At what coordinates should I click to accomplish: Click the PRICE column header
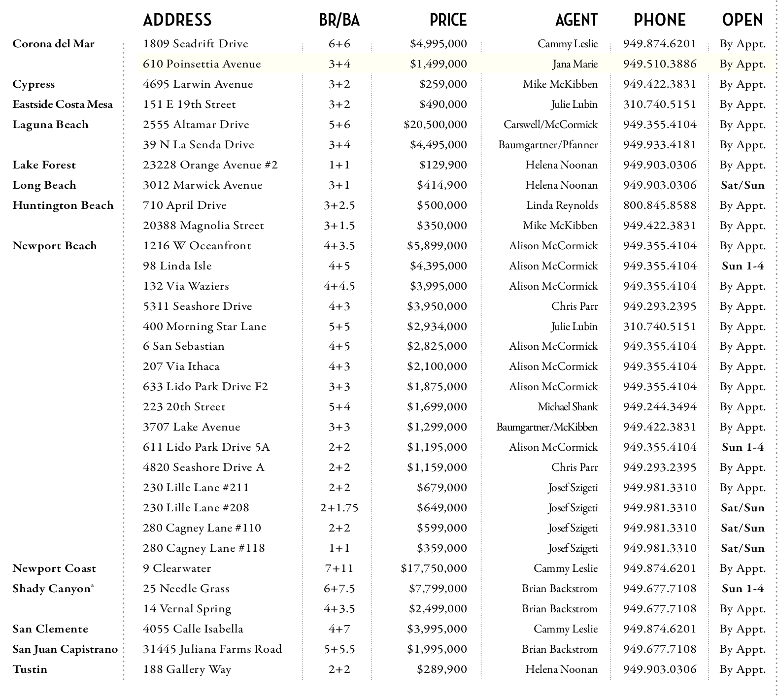point(448,20)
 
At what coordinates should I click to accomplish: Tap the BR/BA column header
point(339,20)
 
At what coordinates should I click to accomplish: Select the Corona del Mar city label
point(53,44)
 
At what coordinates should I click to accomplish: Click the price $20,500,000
point(435,125)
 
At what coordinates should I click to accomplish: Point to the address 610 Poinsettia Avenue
point(202,64)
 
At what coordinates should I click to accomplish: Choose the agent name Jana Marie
point(575,64)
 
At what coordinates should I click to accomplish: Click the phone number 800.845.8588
point(660,205)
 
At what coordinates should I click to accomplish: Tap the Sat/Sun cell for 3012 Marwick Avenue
point(743,185)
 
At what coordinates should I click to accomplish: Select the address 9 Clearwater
point(177,568)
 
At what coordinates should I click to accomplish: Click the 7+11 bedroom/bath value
point(339,568)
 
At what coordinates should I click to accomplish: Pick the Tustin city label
point(30,669)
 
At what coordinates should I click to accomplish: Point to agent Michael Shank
point(567,407)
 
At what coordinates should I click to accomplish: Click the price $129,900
point(443,165)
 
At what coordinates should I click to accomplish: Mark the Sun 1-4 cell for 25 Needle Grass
point(743,589)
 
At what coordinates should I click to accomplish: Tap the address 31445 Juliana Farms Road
point(212,649)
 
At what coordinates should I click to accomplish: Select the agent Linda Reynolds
point(562,205)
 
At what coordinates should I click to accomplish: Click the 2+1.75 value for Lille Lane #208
point(339,508)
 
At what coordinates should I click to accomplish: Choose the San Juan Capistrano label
point(65,649)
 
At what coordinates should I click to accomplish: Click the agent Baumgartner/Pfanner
point(548,145)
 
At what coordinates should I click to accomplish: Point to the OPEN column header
point(743,20)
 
